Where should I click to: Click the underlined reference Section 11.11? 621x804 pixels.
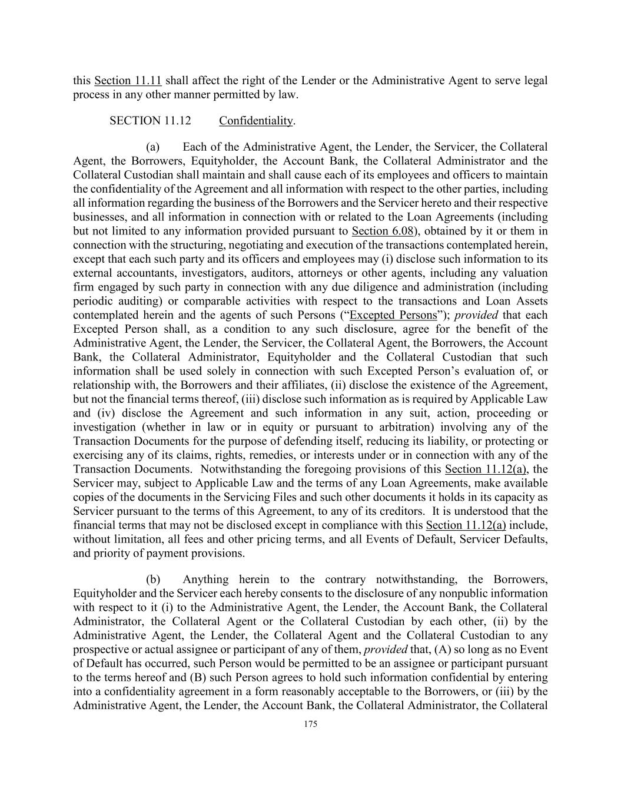[128, 81]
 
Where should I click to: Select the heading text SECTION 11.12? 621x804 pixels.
[150, 121]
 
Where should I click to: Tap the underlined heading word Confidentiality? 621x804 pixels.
[256, 121]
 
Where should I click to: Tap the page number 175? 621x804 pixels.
[310, 724]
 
